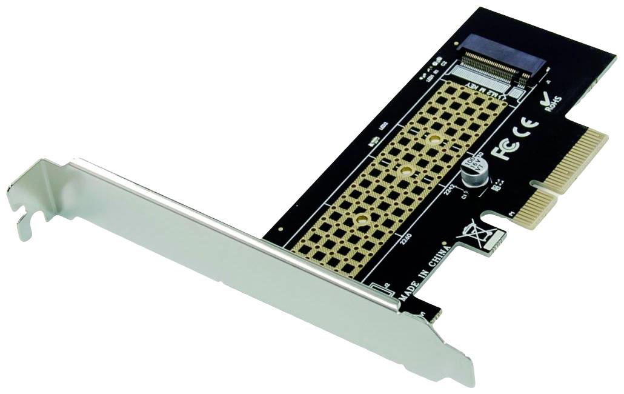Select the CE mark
click(x=526, y=130)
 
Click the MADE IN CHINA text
click(x=423, y=272)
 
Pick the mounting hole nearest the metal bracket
click(x=361, y=220)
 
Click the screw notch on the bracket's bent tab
click(x=23, y=215)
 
